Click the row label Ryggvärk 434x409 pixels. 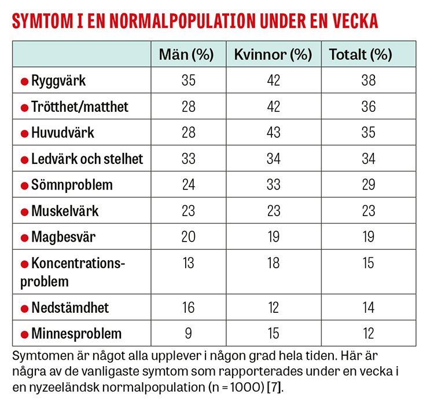[58, 81]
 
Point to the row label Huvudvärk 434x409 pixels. [62, 133]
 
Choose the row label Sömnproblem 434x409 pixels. [72, 185]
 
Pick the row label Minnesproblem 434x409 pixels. [76, 334]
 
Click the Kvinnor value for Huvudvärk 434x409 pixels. [273, 133]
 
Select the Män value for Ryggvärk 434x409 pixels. [189, 81]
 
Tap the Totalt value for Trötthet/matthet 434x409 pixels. [368, 107]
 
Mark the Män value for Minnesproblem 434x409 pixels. [189, 334]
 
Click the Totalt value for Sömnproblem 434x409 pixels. [368, 185]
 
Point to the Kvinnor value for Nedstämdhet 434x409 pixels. [273, 307]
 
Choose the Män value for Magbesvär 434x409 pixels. [189, 237]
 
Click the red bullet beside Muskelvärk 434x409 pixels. [24, 212]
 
